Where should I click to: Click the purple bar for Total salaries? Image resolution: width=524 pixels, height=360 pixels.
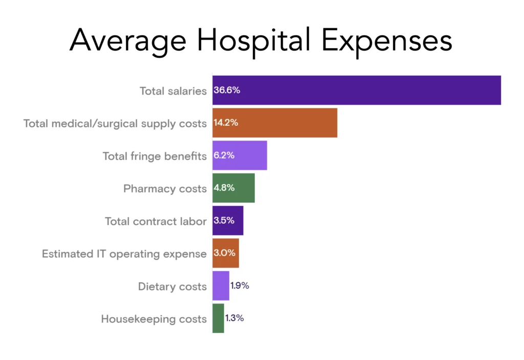pyautogui.click(x=357, y=91)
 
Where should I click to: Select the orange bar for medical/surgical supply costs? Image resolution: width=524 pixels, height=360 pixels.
pyautogui.click(x=275, y=123)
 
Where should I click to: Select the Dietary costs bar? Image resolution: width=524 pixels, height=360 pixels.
pyautogui.click(x=221, y=286)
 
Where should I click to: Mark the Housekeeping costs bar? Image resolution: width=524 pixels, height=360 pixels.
pyautogui.click(x=218, y=318)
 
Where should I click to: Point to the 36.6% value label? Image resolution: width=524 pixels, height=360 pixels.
pyautogui.click(x=227, y=91)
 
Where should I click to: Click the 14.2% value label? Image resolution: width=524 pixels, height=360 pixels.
pyautogui.click(x=226, y=123)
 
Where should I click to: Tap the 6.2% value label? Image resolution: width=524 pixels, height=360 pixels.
pyautogui.click(x=224, y=155)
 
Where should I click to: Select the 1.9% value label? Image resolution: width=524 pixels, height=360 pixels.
pyautogui.click(x=239, y=286)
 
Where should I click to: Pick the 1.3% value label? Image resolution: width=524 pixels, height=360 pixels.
pyautogui.click(x=234, y=318)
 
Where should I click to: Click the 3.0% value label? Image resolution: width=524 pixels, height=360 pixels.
pyautogui.click(x=224, y=253)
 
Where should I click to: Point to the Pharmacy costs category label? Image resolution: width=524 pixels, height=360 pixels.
pyautogui.click(x=165, y=189)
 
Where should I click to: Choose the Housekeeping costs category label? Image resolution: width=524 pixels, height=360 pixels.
pyautogui.click(x=154, y=319)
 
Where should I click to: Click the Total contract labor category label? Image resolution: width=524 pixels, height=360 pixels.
pyautogui.click(x=156, y=221)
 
